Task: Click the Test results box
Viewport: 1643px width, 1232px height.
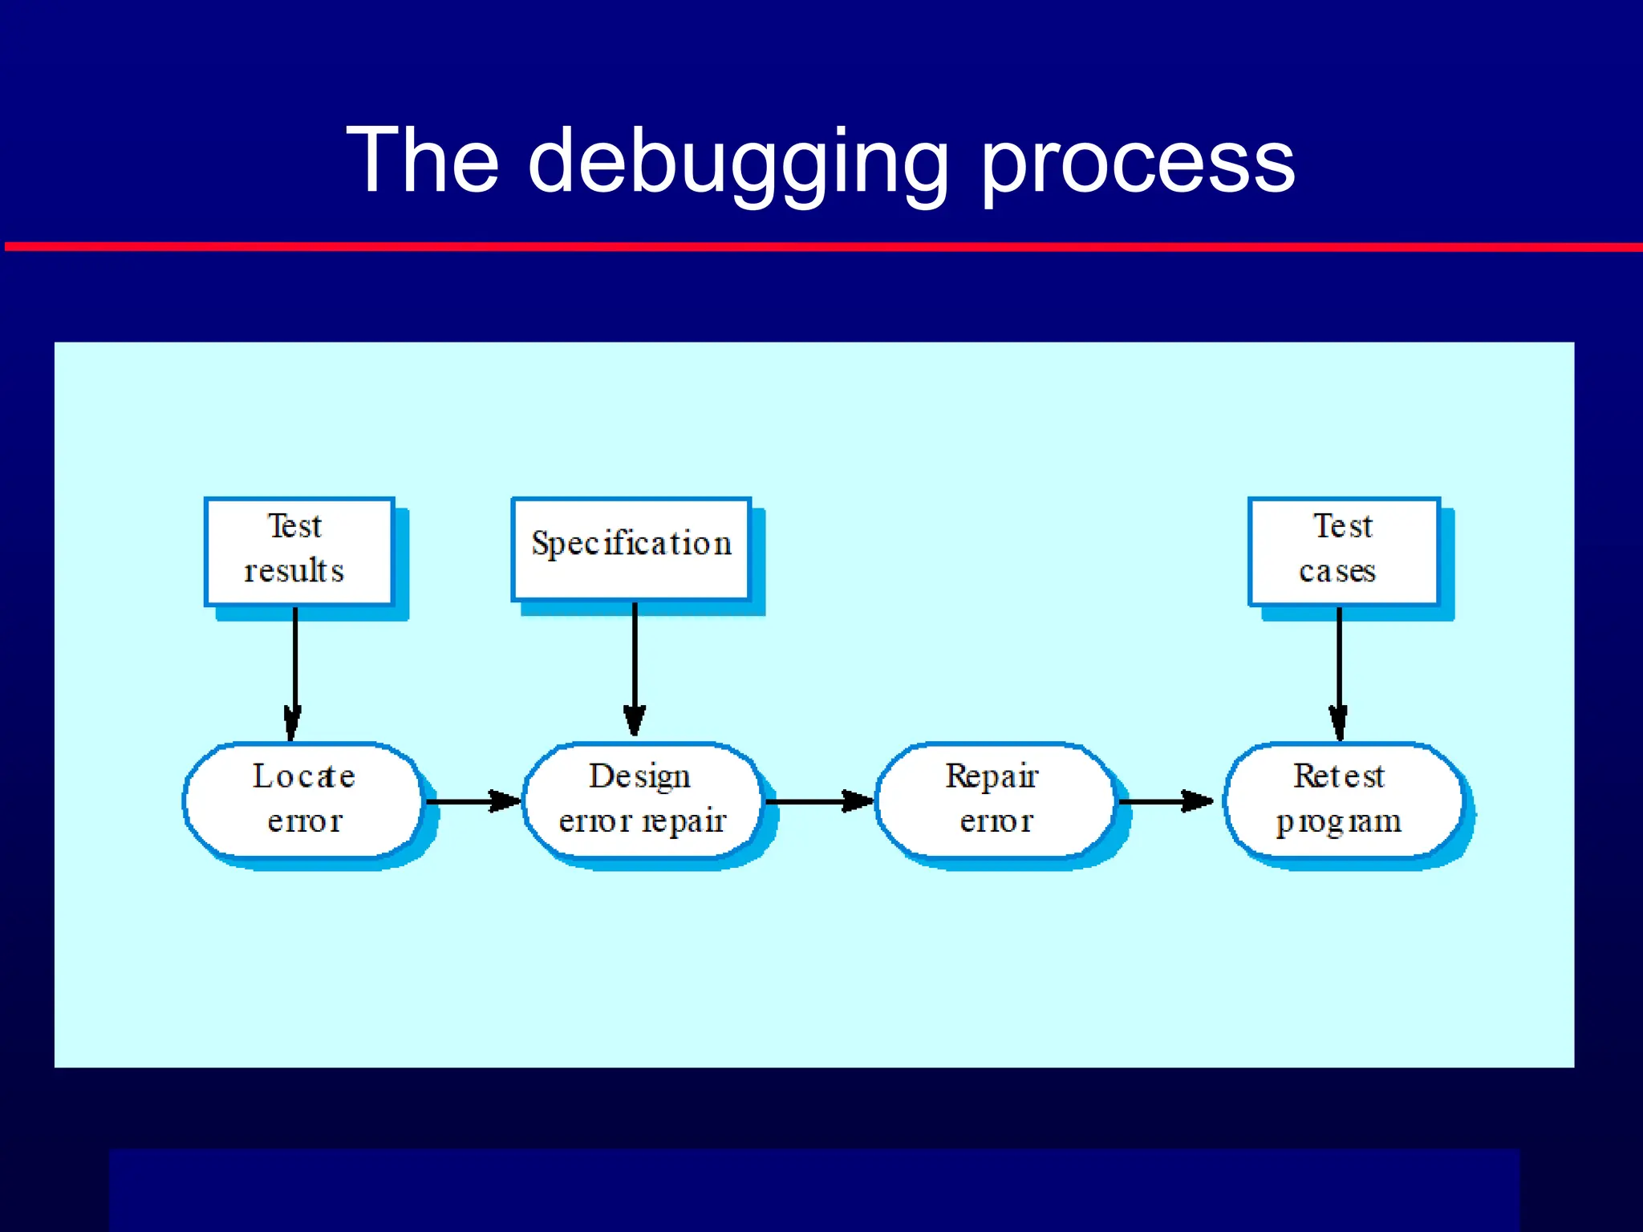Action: tap(299, 551)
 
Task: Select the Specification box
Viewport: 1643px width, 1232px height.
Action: tap(631, 549)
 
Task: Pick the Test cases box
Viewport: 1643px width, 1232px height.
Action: tap(1344, 551)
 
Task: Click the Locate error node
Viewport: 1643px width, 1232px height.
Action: tap(303, 800)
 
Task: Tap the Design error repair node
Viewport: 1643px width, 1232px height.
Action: tap(642, 800)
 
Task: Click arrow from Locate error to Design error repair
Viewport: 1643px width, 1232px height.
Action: tap(472, 800)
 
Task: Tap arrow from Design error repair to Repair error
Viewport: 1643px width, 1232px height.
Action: tap(818, 800)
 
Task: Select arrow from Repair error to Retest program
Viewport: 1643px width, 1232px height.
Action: tap(1165, 800)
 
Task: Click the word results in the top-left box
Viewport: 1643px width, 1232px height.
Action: tap(294, 571)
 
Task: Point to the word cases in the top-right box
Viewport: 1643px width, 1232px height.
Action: tap(1337, 571)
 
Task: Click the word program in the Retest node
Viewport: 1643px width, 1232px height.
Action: tap(1338, 822)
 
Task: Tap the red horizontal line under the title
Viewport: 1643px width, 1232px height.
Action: tap(821, 247)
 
